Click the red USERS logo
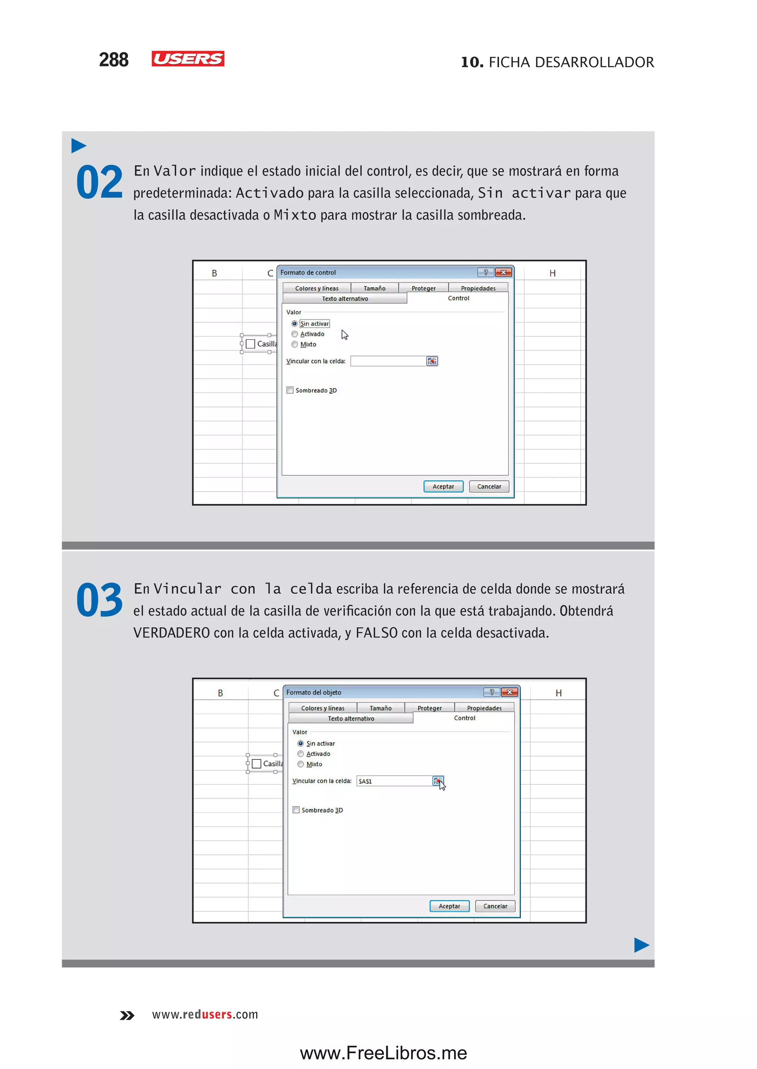click(x=187, y=59)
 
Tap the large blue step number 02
click(x=99, y=182)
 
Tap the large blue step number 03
click(x=99, y=600)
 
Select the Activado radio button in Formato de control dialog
click(x=295, y=334)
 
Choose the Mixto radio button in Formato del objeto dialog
click(x=301, y=764)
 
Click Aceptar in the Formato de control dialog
click(x=443, y=486)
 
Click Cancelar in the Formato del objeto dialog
click(x=495, y=906)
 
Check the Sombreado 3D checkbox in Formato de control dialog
click(x=290, y=390)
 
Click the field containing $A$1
click(x=394, y=781)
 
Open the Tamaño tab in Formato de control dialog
click(x=374, y=288)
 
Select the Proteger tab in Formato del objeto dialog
click(x=429, y=708)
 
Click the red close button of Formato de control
click(x=503, y=272)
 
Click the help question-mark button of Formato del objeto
click(x=491, y=692)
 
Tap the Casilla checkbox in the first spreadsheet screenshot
click(x=251, y=344)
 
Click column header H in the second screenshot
click(x=559, y=693)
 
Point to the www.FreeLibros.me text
click(x=383, y=1053)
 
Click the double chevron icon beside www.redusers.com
click(x=127, y=1015)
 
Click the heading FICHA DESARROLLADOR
click(x=571, y=62)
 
